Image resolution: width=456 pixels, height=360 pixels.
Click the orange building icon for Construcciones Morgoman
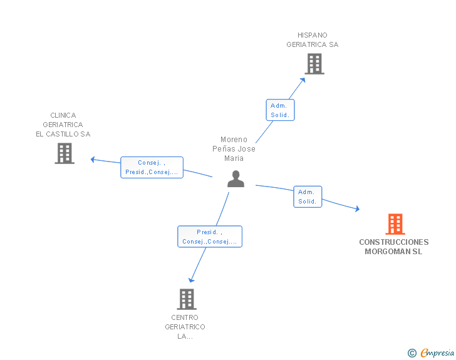[x=395, y=224]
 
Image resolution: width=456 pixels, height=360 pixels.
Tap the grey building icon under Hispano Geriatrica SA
[x=314, y=64]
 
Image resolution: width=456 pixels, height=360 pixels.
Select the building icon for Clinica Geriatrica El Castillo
[x=65, y=153]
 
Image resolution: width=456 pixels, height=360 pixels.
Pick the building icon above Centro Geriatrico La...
[x=187, y=299]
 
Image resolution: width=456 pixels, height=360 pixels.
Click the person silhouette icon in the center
[x=236, y=179]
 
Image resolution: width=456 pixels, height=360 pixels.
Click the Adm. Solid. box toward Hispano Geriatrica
[x=281, y=110]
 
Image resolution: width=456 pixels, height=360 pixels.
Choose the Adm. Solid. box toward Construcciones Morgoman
[x=308, y=197]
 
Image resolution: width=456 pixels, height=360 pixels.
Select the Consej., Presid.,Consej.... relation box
[x=152, y=167]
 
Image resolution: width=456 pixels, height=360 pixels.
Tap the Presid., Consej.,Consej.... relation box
[x=210, y=237]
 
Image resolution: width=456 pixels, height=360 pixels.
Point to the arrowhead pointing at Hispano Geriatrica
[x=303, y=80]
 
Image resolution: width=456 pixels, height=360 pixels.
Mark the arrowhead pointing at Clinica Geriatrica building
[x=93, y=160]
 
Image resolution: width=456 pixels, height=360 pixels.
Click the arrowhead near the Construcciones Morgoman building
[x=358, y=208]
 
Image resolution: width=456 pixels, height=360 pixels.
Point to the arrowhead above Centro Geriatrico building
[x=191, y=280]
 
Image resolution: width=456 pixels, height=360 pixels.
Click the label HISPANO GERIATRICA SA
[x=313, y=40]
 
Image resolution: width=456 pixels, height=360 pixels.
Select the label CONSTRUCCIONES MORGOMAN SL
[x=394, y=247]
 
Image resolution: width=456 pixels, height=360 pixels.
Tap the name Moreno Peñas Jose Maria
[x=234, y=148]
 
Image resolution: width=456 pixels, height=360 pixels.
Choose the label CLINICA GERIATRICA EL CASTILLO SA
[x=63, y=125]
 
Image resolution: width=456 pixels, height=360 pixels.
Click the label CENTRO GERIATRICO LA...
[x=185, y=327]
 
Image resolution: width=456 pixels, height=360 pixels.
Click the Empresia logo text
[x=437, y=352]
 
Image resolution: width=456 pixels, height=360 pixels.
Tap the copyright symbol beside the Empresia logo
[x=412, y=353]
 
